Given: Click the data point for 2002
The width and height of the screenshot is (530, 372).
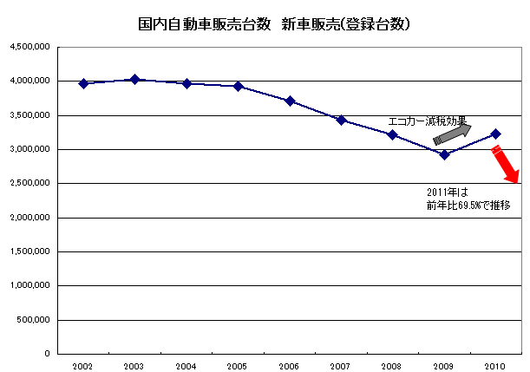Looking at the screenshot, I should tap(83, 83).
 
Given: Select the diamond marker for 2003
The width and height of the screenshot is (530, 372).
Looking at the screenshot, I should tap(134, 79).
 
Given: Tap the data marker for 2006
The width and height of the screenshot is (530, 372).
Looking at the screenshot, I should tap(290, 101).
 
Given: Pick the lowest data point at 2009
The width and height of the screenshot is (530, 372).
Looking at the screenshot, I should tap(444, 154).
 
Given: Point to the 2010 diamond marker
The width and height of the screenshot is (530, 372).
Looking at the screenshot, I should tap(495, 134).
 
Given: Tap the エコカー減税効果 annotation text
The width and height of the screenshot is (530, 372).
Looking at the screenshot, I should tap(427, 121).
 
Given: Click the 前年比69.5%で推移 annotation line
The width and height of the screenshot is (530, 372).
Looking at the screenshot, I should tap(468, 206).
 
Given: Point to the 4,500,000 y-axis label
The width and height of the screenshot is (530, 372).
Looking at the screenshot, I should tap(31, 47).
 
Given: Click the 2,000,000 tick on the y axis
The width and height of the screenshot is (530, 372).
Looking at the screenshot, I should tap(31, 218).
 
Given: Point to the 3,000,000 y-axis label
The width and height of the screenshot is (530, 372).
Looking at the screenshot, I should tap(31, 149).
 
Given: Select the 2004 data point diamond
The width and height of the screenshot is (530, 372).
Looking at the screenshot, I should tap(186, 83).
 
